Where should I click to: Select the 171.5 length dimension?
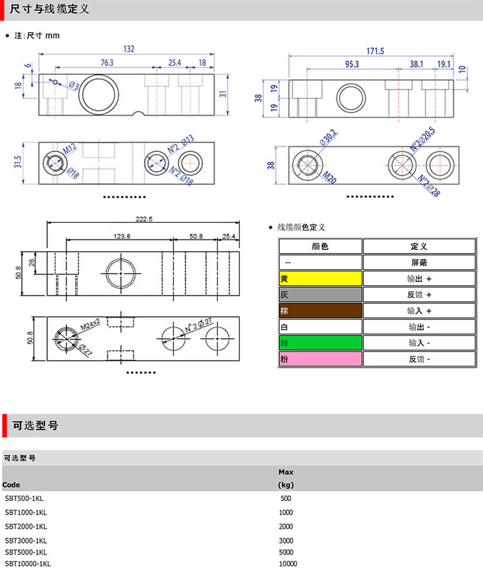[375, 51]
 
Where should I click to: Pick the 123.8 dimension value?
[122, 236]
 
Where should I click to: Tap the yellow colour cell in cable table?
[320, 279]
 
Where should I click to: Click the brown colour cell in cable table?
[320, 311]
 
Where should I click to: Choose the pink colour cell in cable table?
[320, 359]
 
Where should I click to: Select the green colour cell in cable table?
[320, 343]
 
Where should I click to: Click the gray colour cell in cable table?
[320, 295]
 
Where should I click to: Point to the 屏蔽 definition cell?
[419, 263]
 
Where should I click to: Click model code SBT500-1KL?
[24, 498]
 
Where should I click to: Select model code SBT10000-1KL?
[28, 563]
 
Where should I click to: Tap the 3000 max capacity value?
[286, 540]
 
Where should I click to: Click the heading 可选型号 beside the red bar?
[35, 426]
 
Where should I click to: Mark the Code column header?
[11, 484]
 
